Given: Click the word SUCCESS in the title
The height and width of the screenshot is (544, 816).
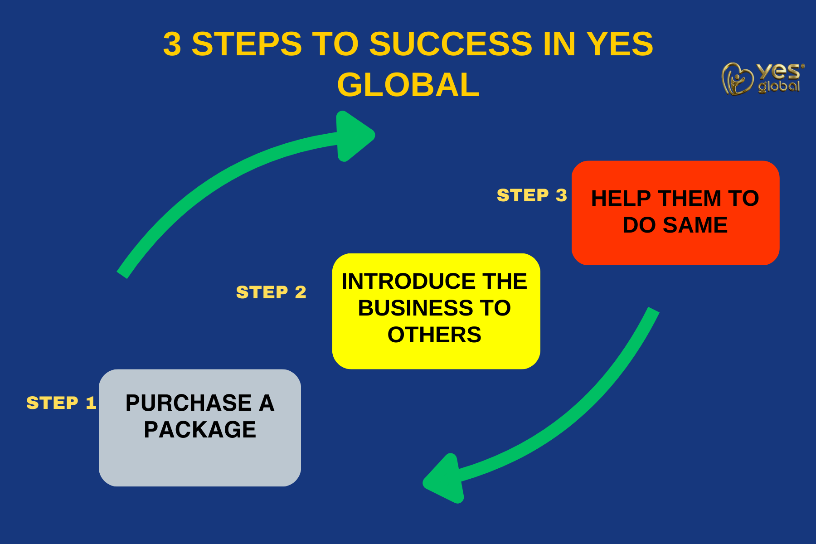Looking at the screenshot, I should [451, 44].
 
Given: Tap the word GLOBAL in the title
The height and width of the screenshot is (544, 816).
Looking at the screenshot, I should [408, 85].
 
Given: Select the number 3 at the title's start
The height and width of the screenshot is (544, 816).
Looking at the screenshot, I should [172, 44].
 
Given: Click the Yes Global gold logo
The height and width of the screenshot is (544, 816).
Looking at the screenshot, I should [762, 78].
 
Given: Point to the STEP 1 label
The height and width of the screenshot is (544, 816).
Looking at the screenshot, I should [61, 403].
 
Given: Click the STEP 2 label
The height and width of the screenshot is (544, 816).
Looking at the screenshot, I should [271, 292].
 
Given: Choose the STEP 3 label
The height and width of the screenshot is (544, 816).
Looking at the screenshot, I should [532, 195].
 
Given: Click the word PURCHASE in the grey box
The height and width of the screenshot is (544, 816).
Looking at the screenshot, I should [188, 403].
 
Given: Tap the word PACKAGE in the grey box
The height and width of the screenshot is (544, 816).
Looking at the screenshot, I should [200, 430].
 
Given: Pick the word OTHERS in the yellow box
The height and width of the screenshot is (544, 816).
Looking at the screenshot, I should [434, 335].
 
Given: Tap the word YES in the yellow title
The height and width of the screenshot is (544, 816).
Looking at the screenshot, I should [620, 44].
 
